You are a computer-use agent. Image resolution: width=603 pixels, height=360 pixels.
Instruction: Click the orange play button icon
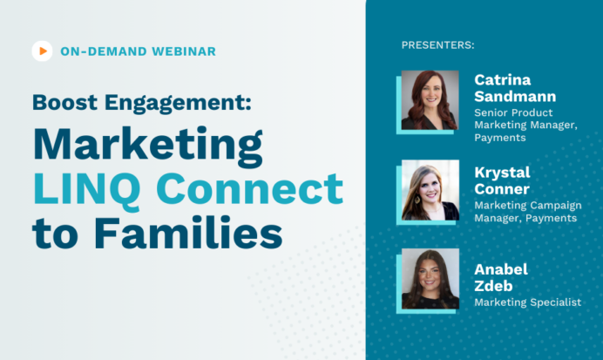[42, 51]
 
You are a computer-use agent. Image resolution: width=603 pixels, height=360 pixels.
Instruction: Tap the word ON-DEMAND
[98, 51]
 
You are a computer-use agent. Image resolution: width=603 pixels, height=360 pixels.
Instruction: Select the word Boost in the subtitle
[63, 101]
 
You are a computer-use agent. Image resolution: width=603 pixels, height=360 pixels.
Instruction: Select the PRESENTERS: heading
[438, 44]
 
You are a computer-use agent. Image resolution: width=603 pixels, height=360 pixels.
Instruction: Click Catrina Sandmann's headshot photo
[430, 99]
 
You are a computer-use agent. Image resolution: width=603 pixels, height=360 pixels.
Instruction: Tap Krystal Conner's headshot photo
[430, 189]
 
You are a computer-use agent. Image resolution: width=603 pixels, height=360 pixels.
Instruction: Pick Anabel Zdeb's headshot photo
[430, 278]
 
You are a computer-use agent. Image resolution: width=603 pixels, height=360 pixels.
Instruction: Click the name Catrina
[503, 79]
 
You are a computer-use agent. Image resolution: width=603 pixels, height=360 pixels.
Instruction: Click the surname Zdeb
[492, 285]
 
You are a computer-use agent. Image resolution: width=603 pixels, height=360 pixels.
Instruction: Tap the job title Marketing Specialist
[527, 302]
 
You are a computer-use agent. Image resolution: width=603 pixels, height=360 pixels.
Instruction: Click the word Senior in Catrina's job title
[492, 112]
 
